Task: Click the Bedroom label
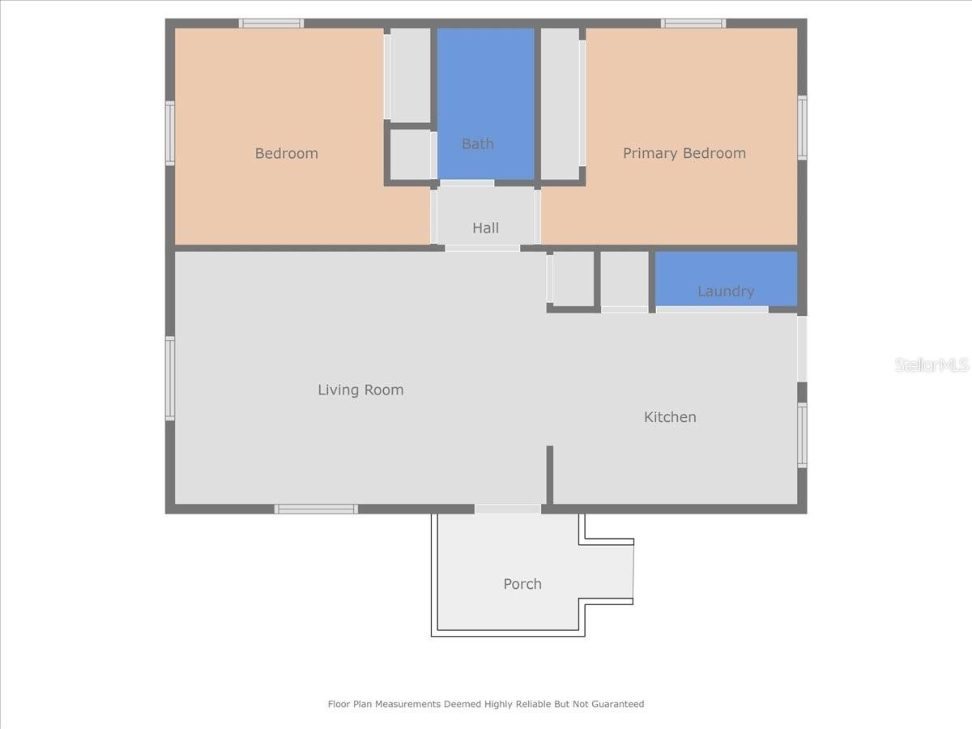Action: tap(286, 153)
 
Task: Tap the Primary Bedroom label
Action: tap(684, 153)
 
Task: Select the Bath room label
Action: tap(477, 143)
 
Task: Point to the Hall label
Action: tap(485, 228)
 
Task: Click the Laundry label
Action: tap(725, 291)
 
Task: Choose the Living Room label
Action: tap(360, 390)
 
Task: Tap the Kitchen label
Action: tap(670, 417)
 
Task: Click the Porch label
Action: tap(522, 584)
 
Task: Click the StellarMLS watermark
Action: tap(931, 365)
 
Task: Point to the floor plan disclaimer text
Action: tap(485, 704)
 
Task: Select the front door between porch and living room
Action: tap(507, 509)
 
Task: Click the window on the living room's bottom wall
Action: tap(316, 509)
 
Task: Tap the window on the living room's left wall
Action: tap(170, 378)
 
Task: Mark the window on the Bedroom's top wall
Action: tap(271, 23)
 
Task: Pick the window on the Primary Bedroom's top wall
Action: tap(693, 23)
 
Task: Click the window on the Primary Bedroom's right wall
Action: tap(802, 128)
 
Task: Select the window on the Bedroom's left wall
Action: tap(170, 134)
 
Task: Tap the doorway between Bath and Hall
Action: tap(467, 183)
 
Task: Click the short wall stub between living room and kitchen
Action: tap(549, 475)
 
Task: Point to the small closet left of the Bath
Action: tap(410, 154)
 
